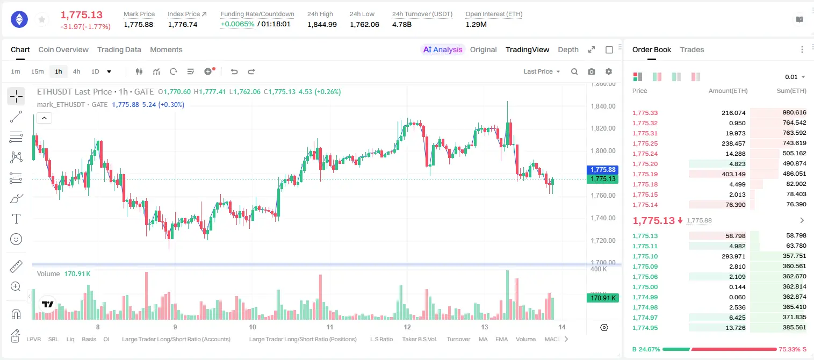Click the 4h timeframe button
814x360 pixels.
(76, 71)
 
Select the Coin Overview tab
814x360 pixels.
(63, 49)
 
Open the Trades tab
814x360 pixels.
(692, 49)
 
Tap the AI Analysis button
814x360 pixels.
(443, 49)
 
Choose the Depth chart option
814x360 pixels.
(568, 49)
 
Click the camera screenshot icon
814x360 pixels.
(592, 71)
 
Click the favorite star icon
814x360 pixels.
(42, 19)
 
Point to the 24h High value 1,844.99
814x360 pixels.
(322, 24)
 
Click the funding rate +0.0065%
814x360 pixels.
(237, 24)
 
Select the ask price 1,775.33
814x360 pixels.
(645, 113)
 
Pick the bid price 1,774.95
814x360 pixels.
(645, 328)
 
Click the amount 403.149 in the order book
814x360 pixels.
(733, 174)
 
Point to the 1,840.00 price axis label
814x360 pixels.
(603, 106)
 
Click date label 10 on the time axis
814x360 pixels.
(252, 327)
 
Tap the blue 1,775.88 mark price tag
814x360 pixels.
(602, 170)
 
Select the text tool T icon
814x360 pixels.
(16, 219)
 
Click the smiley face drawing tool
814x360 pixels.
(16, 239)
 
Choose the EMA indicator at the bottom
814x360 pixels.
(501, 339)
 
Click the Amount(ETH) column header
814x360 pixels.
(728, 91)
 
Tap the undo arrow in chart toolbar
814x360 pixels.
(234, 71)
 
